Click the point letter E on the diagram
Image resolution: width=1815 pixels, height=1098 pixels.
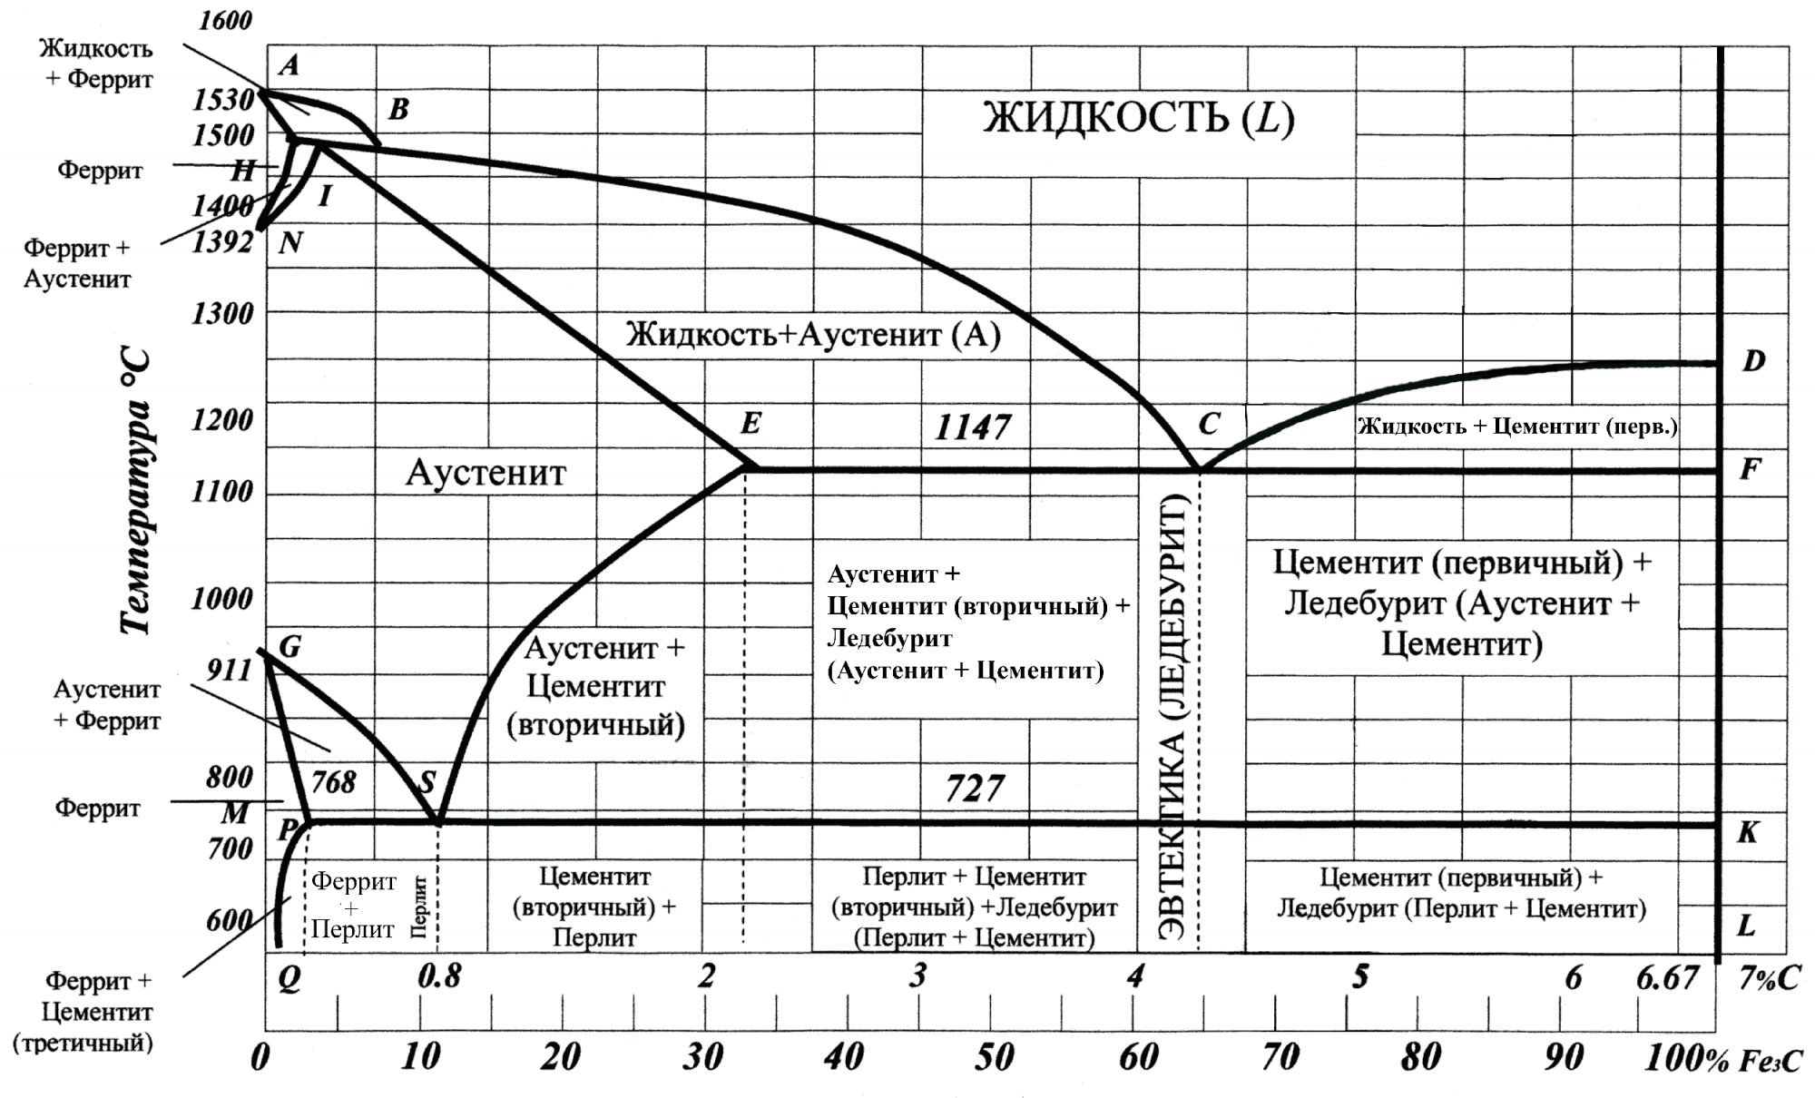[751, 423]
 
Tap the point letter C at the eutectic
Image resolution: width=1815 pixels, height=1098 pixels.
[1208, 424]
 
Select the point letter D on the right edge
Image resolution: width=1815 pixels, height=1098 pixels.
[1753, 361]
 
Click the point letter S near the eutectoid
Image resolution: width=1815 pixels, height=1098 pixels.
[427, 781]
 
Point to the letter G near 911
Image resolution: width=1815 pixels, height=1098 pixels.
[289, 647]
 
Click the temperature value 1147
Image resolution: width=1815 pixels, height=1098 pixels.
[973, 426]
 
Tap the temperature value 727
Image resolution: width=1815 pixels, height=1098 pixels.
[975, 789]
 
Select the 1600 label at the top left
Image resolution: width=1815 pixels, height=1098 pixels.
[224, 20]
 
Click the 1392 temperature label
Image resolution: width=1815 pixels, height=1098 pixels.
[222, 242]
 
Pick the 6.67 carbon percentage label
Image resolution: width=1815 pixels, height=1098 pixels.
[1667, 978]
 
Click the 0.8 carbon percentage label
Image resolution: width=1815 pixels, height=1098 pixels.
[439, 976]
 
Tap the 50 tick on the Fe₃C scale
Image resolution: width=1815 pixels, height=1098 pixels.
[994, 1057]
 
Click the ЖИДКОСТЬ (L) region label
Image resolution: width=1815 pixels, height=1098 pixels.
[1138, 118]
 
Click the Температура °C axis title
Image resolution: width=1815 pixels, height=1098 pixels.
[136, 490]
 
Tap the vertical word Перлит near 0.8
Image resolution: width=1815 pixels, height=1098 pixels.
[419, 906]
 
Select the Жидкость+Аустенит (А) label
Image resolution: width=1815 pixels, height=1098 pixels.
[813, 335]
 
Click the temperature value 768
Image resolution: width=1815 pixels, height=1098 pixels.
[334, 781]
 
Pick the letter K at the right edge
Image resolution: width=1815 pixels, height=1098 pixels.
[1747, 832]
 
